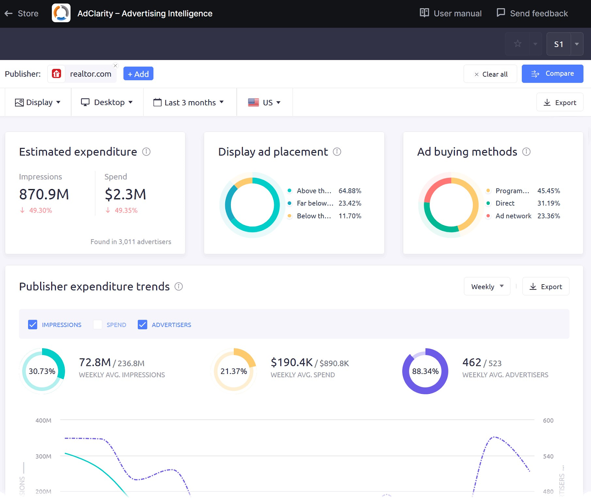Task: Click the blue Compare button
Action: (x=552, y=74)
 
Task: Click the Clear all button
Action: (x=490, y=74)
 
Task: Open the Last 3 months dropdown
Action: (x=189, y=103)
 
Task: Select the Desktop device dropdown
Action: (x=107, y=102)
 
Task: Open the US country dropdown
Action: (x=264, y=103)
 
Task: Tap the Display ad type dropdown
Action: (x=38, y=102)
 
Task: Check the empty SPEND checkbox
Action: (x=98, y=324)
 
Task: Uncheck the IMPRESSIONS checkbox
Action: (x=33, y=324)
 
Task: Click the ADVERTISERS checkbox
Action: (x=142, y=324)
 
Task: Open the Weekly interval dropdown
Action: (x=487, y=286)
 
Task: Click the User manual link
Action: (x=451, y=14)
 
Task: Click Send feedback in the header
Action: (x=532, y=14)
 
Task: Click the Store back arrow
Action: (x=9, y=14)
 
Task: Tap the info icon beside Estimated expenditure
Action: (x=146, y=152)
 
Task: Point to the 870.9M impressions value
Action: (x=44, y=194)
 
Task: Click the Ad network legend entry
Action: (x=513, y=216)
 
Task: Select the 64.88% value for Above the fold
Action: (x=349, y=191)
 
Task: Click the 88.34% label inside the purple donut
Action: (x=425, y=371)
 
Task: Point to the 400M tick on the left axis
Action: (x=43, y=420)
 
